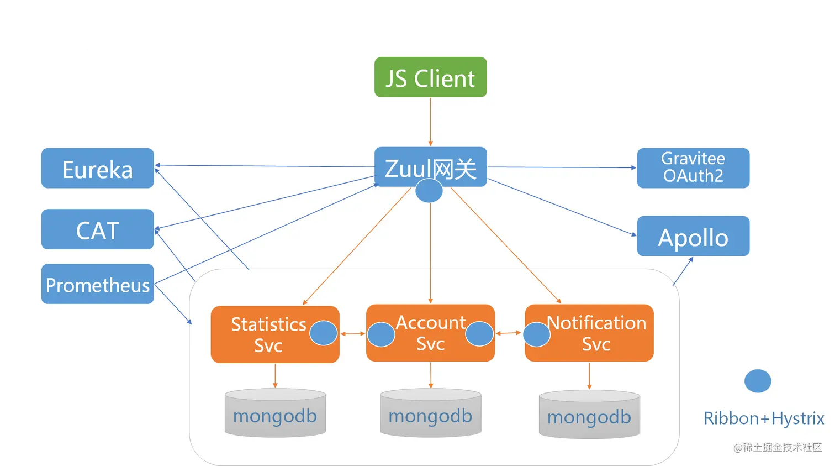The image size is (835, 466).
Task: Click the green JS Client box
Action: click(430, 77)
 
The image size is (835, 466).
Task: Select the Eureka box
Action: click(97, 169)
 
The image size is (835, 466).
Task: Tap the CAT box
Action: click(97, 229)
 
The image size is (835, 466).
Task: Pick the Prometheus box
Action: click(97, 284)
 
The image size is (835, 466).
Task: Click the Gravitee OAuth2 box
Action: click(693, 168)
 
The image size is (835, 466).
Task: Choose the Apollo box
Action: click(693, 237)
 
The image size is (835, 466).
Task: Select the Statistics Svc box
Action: click(265, 335)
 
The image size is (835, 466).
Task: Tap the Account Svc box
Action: click(430, 333)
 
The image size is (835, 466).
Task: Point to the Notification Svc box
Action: click(596, 333)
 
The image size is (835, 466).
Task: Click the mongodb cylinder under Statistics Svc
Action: click(275, 414)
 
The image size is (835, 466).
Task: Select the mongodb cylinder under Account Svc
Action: click(430, 414)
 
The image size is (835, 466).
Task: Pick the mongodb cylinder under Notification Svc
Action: click(589, 415)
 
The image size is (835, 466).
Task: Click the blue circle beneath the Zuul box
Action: click(429, 191)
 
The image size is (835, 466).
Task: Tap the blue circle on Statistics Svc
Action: click(324, 333)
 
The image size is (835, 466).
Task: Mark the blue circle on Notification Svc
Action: click(536, 334)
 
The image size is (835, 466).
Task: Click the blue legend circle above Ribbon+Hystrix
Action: click(758, 381)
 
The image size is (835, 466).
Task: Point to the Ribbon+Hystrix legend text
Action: click(763, 418)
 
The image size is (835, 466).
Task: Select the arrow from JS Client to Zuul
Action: click(430, 122)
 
